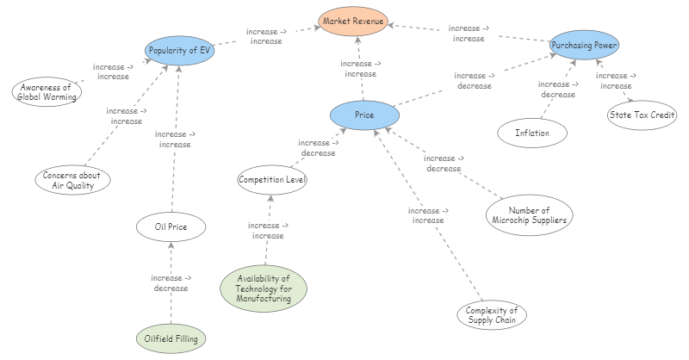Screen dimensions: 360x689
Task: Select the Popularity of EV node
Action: [x=179, y=51]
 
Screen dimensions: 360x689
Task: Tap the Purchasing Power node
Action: [x=585, y=45]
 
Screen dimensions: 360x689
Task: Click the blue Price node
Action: [x=364, y=115]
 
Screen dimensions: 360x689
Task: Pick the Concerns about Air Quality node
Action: [x=72, y=180]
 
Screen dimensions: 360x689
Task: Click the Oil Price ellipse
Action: [x=171, y=227]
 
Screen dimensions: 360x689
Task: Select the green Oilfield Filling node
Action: [x=171, y=339]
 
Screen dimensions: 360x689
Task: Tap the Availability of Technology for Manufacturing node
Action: [x=264, y=289]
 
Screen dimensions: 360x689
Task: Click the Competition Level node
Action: [x=272, y=180]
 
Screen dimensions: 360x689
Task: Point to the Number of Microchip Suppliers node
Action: [x=530, y=214]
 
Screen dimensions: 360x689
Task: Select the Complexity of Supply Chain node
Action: [x=491, y=315]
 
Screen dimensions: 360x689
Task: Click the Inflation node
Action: [x=533, y=133]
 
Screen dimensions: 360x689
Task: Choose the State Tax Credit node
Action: [x=642, y=115]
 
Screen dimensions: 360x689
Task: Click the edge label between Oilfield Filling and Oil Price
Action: [x=171, y=282]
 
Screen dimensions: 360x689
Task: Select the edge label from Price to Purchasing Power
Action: [x=475, y=81]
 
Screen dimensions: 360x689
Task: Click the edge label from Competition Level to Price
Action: [x=318, y=148]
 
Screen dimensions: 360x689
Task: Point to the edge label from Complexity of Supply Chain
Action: [x=428, y=215]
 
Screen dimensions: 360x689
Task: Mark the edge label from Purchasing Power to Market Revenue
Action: [x=469, y=34]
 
